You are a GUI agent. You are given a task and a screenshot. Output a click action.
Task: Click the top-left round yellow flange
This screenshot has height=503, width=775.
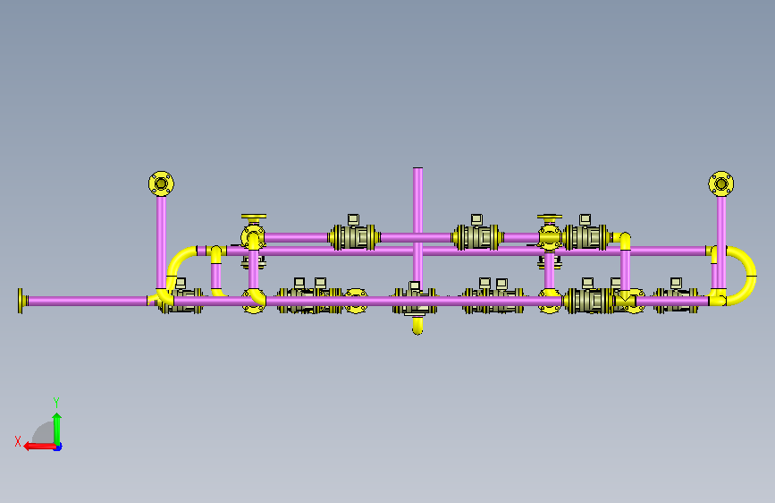(x=161, y=184)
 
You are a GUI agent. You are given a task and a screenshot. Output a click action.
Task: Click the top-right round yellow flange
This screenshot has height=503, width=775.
(x=721, y=184)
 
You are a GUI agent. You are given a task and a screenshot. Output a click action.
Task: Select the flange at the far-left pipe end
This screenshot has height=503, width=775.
(x=21, y=301)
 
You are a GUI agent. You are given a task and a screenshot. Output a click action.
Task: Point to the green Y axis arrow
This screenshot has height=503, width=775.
(x=57, y=430)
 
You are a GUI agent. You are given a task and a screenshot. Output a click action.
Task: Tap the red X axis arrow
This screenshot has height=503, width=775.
(x=40, y=447)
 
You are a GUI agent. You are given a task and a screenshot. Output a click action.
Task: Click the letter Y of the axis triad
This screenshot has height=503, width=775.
(x=56, y=403)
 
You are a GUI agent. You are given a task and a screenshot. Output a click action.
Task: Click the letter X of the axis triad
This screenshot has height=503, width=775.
(x=18, y=441)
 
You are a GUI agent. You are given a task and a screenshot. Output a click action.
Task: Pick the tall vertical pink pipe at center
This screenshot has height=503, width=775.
(x=417, y=227)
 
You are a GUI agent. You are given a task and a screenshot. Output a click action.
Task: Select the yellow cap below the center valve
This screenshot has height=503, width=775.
(x=417, y=326)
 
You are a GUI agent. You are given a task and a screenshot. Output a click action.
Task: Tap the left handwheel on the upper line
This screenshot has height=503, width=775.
(x=254, y=217)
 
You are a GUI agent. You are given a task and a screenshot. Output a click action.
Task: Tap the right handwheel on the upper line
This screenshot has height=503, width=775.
(x=550, y=217)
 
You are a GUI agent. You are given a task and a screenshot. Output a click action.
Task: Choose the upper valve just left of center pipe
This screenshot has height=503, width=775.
(x=354, y=236)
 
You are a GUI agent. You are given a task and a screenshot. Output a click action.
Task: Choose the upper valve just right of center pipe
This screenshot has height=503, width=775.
(x=477, y=236)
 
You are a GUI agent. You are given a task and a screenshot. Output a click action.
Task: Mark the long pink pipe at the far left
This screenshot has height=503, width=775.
(x=88, y=301)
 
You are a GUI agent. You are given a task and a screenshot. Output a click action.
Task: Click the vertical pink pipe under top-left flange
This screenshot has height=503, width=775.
(x=161, y=243)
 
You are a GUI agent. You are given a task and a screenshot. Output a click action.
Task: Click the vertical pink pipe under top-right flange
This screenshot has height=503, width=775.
(x=721, y=243)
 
